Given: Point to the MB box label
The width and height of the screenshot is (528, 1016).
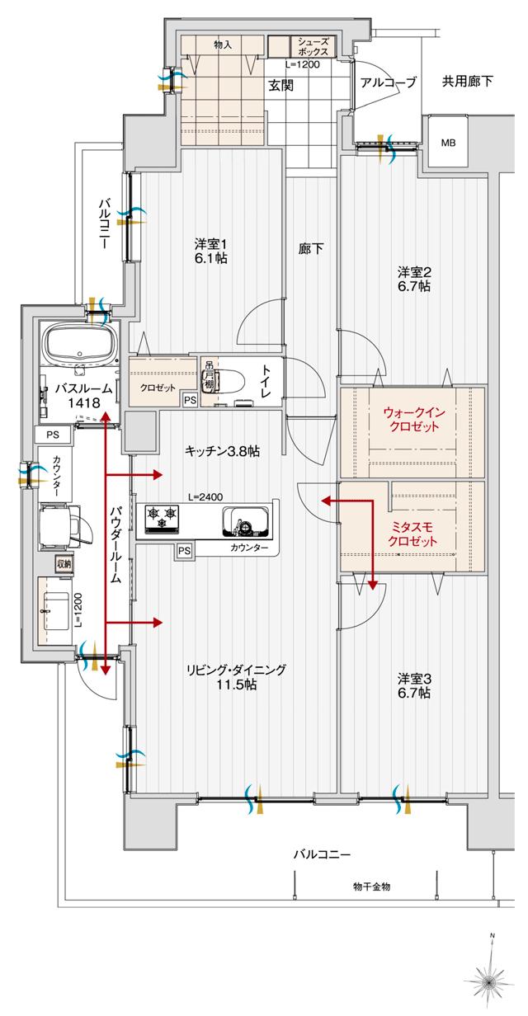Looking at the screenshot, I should [447, 143].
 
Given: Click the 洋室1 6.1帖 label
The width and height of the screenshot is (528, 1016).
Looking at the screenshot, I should [210, 252].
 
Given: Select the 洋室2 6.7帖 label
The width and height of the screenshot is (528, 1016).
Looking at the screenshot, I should [413, 279].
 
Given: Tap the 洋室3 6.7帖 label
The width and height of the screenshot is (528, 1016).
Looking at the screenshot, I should [413, 686].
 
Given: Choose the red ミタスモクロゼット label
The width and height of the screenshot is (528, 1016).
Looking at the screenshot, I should [412, 534].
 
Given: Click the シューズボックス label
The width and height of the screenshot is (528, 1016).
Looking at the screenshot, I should [313, 46].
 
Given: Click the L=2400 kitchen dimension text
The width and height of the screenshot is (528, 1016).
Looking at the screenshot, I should [203, 497].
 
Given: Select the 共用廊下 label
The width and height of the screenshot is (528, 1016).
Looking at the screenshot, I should [467, 82].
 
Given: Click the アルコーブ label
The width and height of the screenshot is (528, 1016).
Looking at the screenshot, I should [389, 82].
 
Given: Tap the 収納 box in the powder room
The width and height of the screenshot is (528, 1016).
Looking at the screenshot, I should [64, 564].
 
